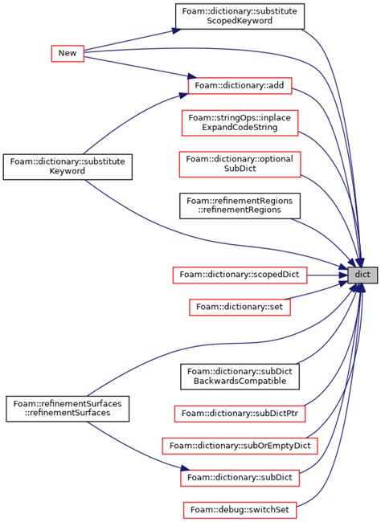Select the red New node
click(68, 53)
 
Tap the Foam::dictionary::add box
click(239, 84)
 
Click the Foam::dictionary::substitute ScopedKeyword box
click(240, 16)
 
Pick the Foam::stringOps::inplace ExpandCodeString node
click(239, 123)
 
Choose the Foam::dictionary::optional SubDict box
click(240, 164)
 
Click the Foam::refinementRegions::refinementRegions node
click(240, 205)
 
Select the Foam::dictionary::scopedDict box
click(240, 275)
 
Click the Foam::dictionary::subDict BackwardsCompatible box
click(240, 376)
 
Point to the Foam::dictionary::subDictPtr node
click(240, 414)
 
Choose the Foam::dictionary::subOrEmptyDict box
click(240, 445)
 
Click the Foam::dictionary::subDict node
click(240, 477)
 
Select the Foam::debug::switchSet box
click(240, 509)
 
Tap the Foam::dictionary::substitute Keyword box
click(68, 166)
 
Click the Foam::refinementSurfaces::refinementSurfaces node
click(68, 408)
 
